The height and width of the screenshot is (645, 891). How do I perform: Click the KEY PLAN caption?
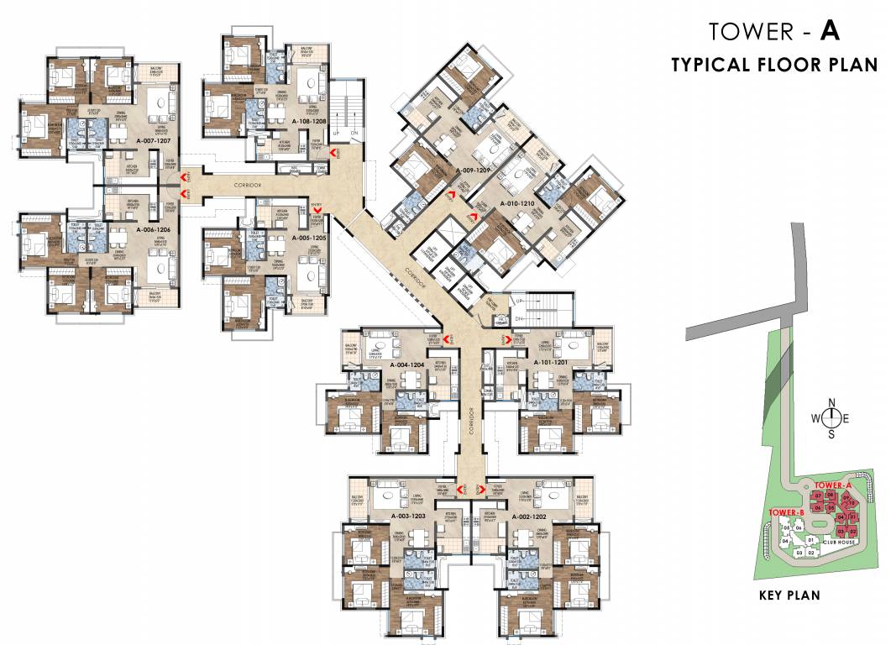789,595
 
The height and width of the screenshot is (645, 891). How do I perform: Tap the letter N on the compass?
831,401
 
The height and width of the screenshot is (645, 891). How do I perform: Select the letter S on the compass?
831,434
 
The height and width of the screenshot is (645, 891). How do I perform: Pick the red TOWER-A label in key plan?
833,485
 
